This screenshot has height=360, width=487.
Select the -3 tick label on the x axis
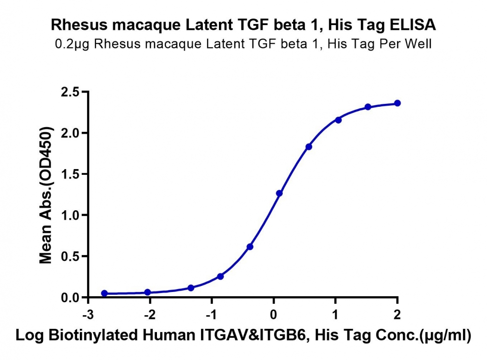coord(88,315)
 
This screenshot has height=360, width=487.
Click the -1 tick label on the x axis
coord(211,315)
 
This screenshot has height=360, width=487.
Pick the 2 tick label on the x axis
coord(397,315)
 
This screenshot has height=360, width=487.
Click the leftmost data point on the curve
coord(104,293)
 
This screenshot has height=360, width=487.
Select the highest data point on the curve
coord(397,103)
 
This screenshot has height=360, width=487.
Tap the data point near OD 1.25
coord(279,193)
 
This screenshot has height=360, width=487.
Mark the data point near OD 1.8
coord(309,147)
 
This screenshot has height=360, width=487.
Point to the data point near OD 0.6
coord(250,247)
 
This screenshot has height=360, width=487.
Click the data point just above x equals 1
coord(338,120)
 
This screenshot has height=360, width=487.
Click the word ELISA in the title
coord(413,25)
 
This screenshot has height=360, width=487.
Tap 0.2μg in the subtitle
coord(72,44)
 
